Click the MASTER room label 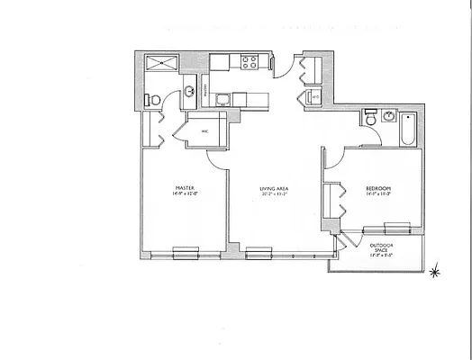[x=183, y=184]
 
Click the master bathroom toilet [x=154, y=98]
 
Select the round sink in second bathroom [x=386, y=117]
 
